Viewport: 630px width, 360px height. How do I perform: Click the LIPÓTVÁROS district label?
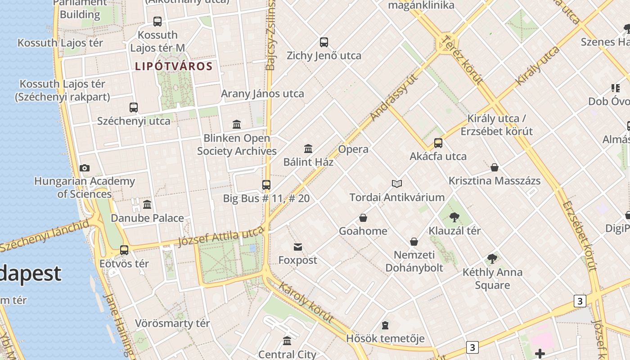click(174, 67)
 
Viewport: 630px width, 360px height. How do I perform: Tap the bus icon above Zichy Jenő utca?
click(324, 42)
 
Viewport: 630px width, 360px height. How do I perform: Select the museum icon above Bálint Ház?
click(308, 148)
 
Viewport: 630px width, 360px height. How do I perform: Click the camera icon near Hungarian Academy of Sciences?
click(84, 168)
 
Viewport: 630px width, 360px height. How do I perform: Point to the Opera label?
click(353, 149)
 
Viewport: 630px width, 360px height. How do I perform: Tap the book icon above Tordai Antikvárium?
click(397, 184)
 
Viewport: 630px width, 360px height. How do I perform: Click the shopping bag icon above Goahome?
click(363, 218)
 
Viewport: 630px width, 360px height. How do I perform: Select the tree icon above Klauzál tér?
click(454, 218)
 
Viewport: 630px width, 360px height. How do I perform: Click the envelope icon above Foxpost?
click(298, 247)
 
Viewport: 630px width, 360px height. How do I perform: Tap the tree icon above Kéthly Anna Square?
click(492, 259)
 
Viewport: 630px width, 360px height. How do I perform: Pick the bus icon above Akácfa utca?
click(438, 143)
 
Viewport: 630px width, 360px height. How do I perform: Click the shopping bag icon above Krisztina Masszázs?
click(495, 168)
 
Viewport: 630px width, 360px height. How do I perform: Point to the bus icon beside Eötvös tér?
click(124, 250)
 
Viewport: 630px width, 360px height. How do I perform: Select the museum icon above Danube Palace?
click(147, 205)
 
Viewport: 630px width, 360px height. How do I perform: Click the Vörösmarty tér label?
click(173, 324)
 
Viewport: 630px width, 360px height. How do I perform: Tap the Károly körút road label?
click(306, 302)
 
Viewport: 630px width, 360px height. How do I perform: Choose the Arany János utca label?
click(262, 94)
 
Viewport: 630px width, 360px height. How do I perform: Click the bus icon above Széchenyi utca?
click(134, 108)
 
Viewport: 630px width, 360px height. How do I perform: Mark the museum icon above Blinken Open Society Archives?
click(237, 124)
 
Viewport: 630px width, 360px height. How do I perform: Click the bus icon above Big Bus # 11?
click(266, 185)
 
